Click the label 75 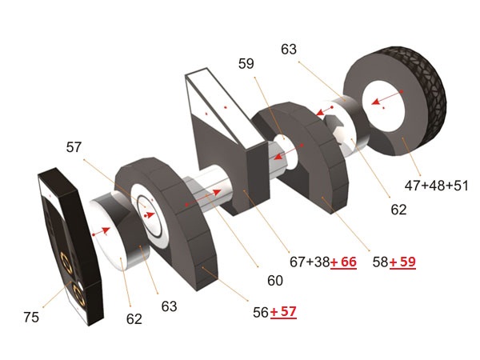pyautogui.click(x=31, y=317)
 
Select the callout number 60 pyautogui.click(x=275, y=281)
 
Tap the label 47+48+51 pyautogui.click(x=436, y=186)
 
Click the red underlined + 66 pyautogui.click(x=343, y=262)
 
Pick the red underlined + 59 pyautogui.click(x=402, y=262)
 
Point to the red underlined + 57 pyautogui.click(x=283, y=312)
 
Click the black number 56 pyautogui.click(x=261, y=313)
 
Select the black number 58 pyautogui.click(x=381, y=262)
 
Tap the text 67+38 pyautogui.click(x=310, y=262)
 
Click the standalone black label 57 pyautogui.click(x=74, y=147)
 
